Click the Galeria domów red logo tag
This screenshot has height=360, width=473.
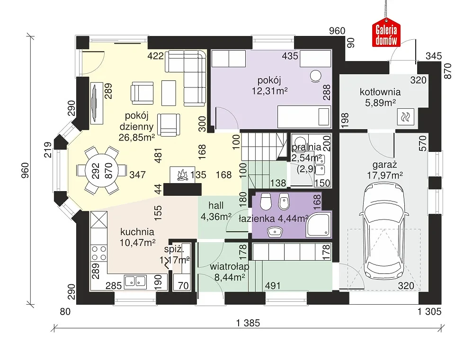(386, 33)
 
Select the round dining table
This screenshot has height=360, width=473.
(102, 170)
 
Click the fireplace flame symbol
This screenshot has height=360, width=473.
(182, 175)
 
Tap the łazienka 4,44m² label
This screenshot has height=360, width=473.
(273, 219)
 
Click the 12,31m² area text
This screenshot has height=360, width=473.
(270, 91)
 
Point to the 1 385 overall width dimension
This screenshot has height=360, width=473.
(248, 323)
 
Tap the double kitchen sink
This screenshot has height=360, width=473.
(135, 281)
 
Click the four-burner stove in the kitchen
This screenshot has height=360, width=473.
(99, 253)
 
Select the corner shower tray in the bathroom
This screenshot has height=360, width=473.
(319, 224)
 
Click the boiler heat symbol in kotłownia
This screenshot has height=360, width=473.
(406, 116)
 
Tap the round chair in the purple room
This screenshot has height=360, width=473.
(315, 76)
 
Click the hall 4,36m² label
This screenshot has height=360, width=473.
(216, 211)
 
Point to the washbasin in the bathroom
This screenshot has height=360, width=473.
(275, 231)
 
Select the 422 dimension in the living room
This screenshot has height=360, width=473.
(156, 56)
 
